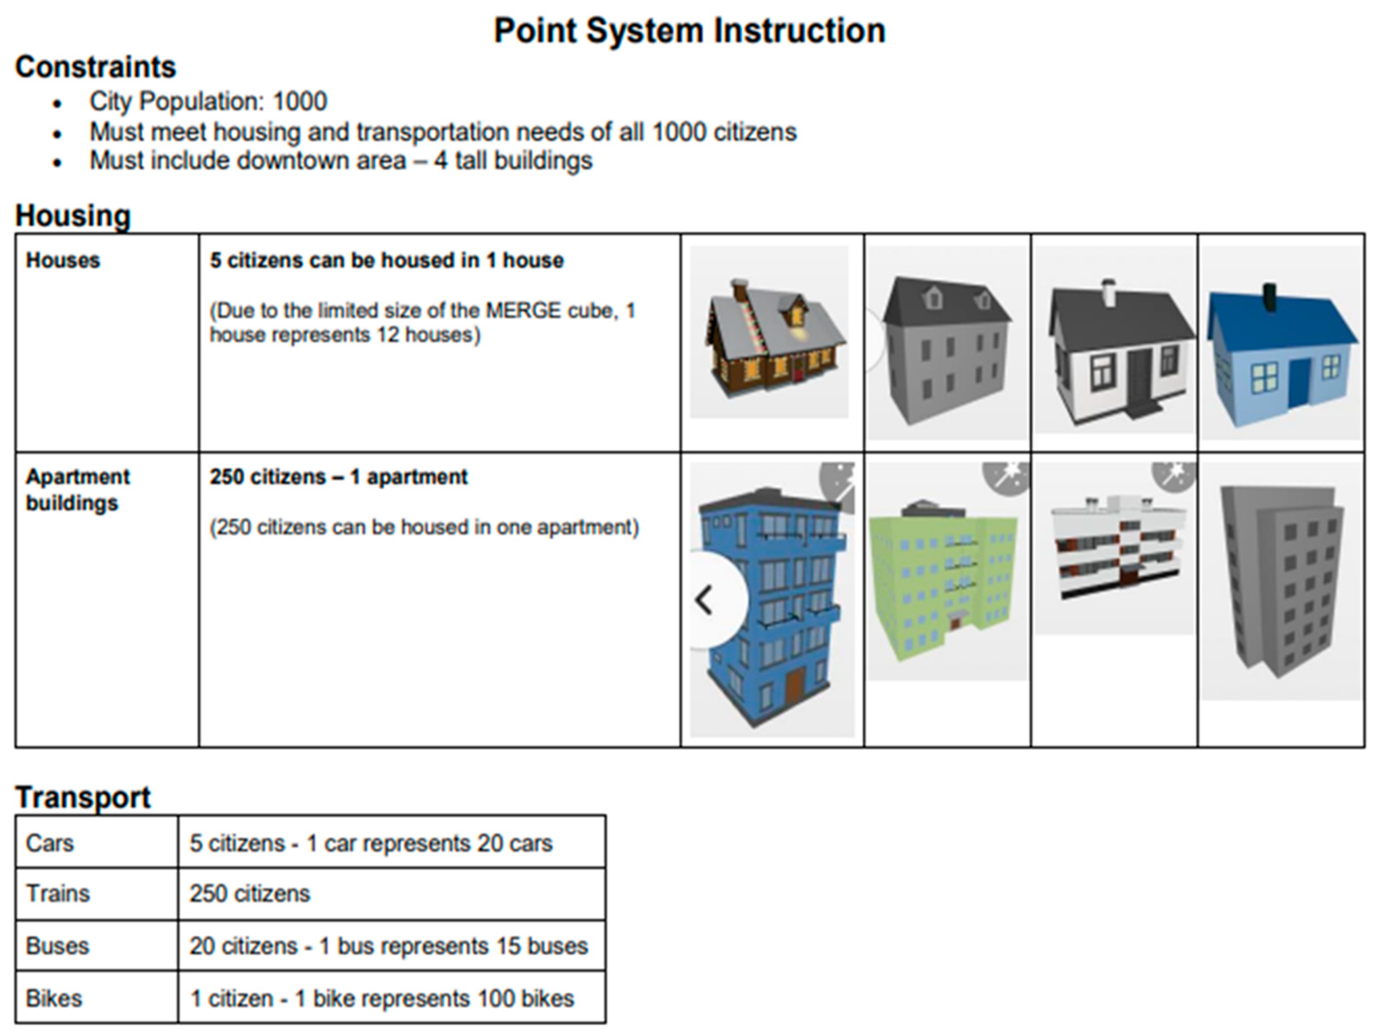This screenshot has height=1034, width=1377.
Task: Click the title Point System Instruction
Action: [689, 30]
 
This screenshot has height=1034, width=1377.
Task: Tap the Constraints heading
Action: [95, 67]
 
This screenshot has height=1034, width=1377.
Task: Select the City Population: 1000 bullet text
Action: [208, 101]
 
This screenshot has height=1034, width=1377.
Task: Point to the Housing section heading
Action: [73, 216]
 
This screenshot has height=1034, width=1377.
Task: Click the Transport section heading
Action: [83, 797]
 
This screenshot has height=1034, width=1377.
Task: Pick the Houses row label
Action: [62, 261]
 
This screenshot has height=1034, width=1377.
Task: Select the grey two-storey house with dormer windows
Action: [945, 349]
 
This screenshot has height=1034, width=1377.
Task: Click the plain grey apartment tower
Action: [1281, 579]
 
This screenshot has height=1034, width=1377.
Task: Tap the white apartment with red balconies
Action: [1114, 548]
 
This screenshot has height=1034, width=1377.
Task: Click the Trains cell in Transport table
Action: [58, 893]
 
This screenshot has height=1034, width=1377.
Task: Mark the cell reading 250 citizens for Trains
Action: [250, 893]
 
